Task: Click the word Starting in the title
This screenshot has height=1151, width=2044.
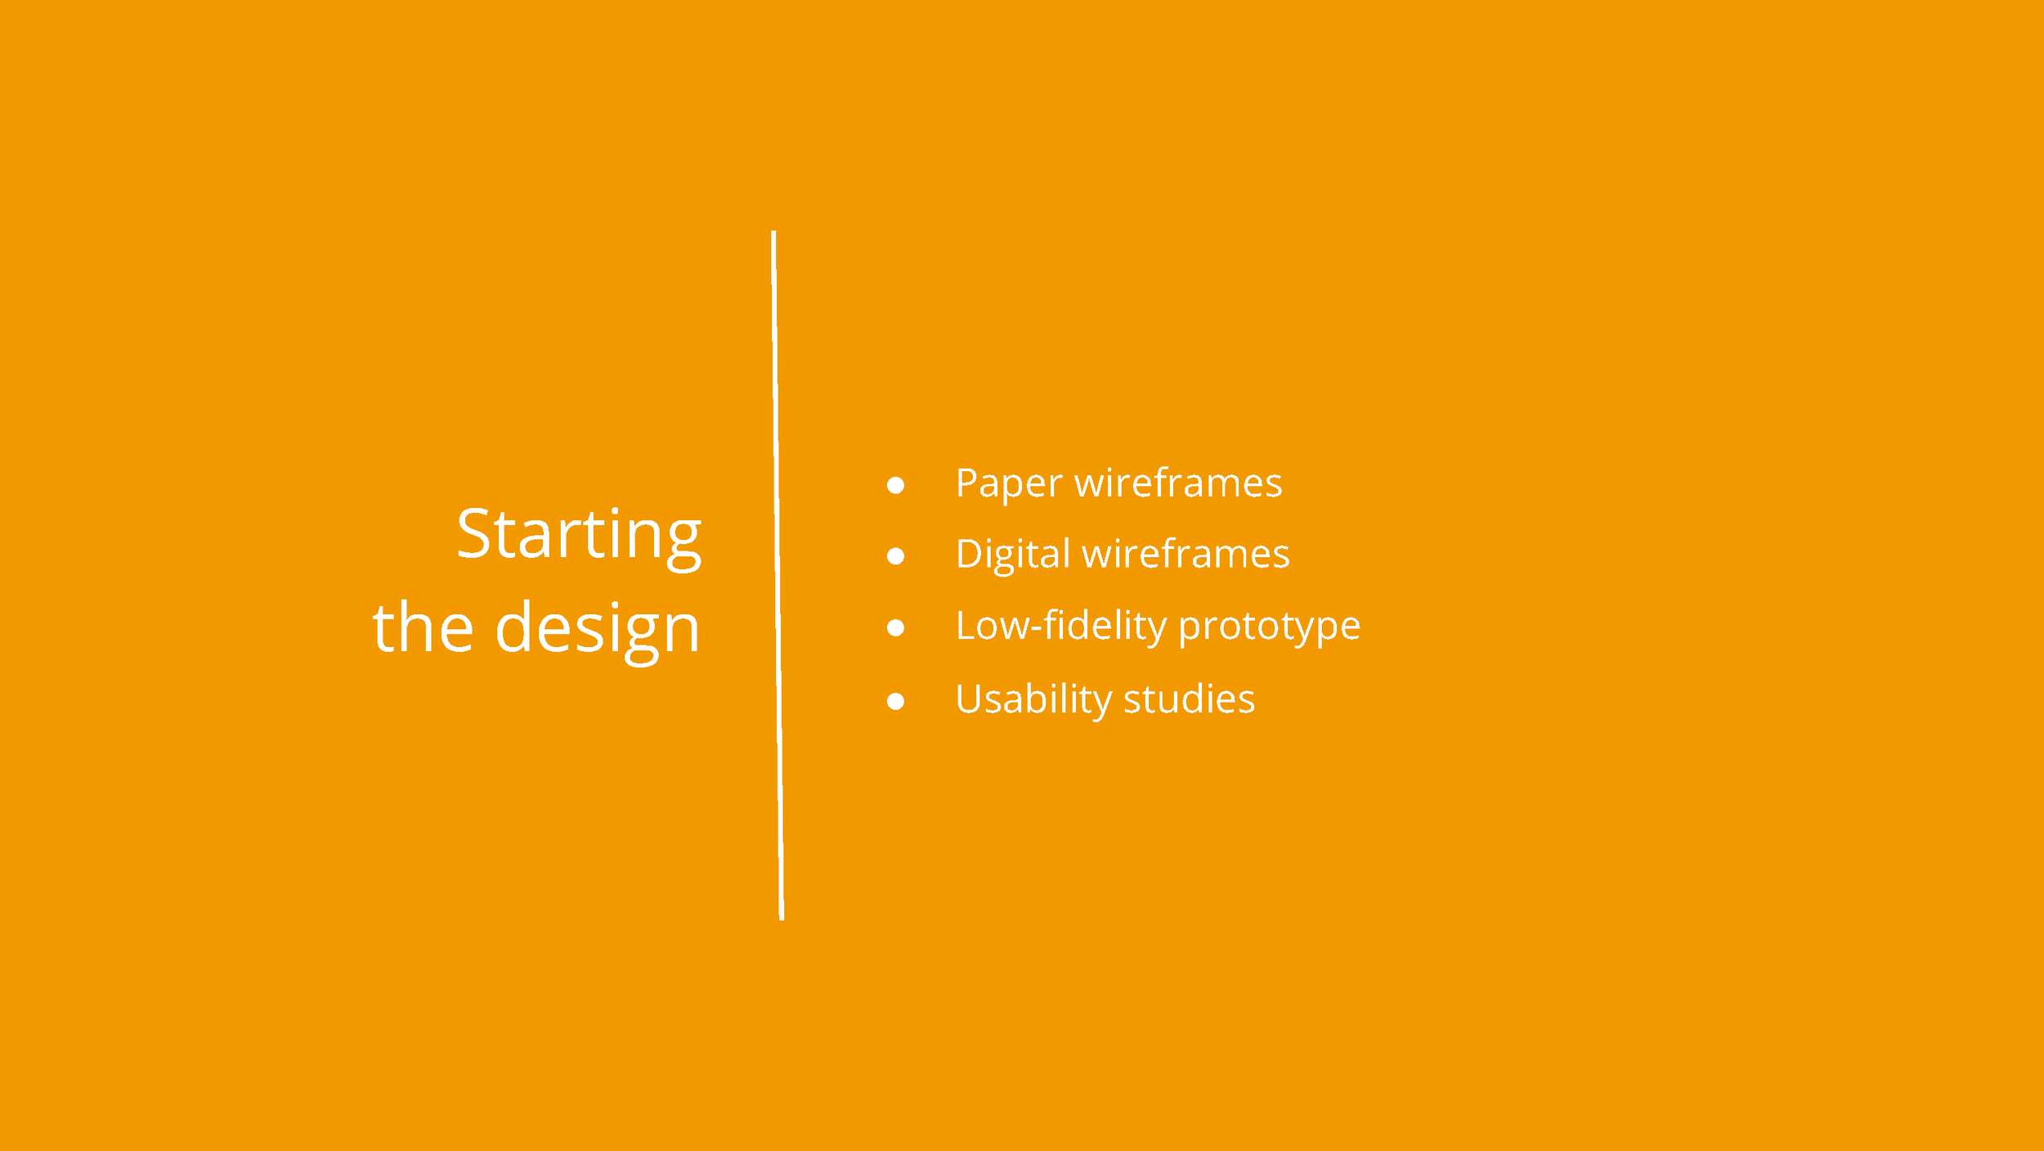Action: [578, 536]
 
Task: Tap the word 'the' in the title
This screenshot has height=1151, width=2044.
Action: [423, 628]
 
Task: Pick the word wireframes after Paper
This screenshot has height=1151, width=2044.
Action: [1178, 483]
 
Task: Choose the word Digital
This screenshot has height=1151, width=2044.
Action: [1012, 555]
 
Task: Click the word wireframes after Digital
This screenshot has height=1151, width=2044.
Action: [1186, 554]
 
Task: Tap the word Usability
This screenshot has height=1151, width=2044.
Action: [1033, 700]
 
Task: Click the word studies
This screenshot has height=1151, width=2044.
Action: [1189, 699]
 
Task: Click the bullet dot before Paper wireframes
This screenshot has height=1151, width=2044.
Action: [895, 485]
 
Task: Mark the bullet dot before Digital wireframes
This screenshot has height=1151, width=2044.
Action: [895, 556]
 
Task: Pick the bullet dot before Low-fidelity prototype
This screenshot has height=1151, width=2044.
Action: [895, 627]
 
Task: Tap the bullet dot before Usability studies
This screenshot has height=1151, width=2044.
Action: [895, 701]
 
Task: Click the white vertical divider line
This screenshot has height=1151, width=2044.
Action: [778, 573]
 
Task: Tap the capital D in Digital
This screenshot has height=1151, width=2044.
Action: [971, 554]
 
